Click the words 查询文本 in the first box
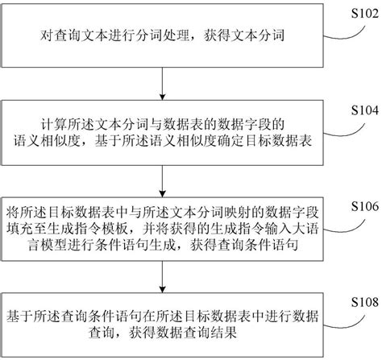point(80,37)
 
